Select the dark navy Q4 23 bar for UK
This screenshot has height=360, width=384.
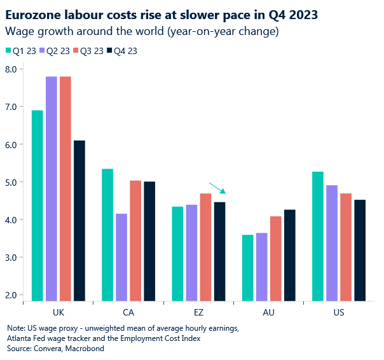click(x=79, y=220)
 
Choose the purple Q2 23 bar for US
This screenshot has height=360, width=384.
click(x=333, y=242)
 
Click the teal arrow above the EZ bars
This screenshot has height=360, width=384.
click(x=217, y=188)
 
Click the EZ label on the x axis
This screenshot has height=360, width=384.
click(x=199, y=313)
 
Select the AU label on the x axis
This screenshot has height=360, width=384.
click(x=269, y=313)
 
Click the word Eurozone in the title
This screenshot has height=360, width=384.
click(x=34, y=13)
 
